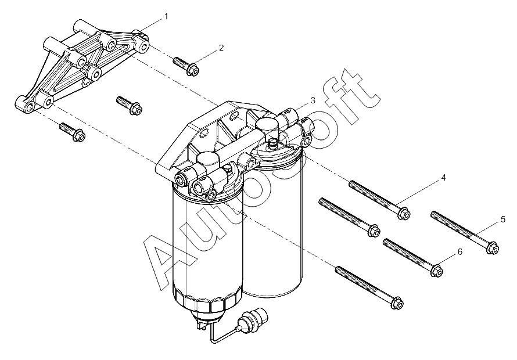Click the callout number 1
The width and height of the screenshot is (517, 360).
(x=166, y=16)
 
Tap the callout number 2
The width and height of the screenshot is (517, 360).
(x=221, y=48)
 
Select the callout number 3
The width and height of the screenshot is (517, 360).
(x=313, y=100)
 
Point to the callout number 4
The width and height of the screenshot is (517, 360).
(x=443, y=178)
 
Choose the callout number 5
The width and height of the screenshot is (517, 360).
(x=503, y=219)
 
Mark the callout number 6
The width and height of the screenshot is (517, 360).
(x=459, y=252)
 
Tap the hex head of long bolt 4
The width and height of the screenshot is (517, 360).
(x=404, y=214)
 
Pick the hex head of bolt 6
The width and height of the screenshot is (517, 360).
(x=437, y=271)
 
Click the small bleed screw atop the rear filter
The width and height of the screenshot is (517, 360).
(x=272, y=143)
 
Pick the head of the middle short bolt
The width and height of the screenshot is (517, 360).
(x=136, y=109)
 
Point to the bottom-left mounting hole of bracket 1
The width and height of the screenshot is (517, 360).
(x=30, y=106)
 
